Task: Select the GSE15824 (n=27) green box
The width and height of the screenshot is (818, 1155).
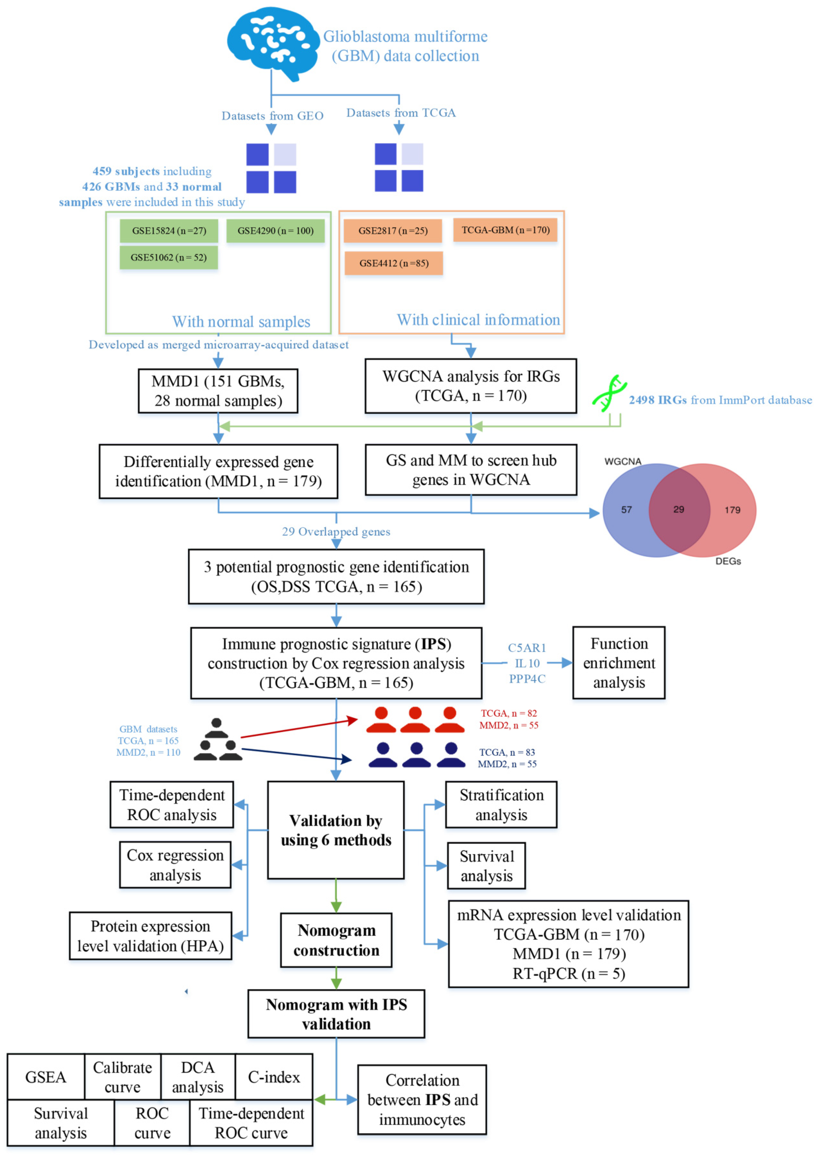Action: (x=169, y=231)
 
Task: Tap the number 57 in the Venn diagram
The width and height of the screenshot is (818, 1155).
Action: (x=626, y=510)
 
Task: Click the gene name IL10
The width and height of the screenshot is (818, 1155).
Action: (x=527, y=663)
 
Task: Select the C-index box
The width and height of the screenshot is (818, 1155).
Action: (x=274, y=1077)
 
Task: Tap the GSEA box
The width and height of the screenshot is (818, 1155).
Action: (x=46, y=1077)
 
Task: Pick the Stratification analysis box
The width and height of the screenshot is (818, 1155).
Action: (x=501, y=805)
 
